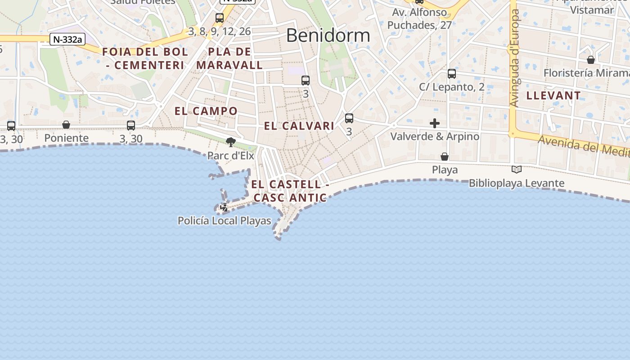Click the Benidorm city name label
328,35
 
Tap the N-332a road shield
67,40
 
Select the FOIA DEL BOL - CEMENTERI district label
145,58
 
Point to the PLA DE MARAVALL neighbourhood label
229,58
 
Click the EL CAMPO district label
206,111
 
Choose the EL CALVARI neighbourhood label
299,126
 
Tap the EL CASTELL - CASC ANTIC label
290,191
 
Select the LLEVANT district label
553,95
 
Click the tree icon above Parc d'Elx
231,143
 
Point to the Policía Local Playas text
225,220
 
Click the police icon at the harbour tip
224,207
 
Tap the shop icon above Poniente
66,125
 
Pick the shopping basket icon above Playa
445,157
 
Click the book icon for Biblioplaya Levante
517,170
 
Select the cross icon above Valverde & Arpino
435,123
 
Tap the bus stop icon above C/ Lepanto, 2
452,73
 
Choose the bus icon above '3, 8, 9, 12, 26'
220,18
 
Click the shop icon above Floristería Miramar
591,60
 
